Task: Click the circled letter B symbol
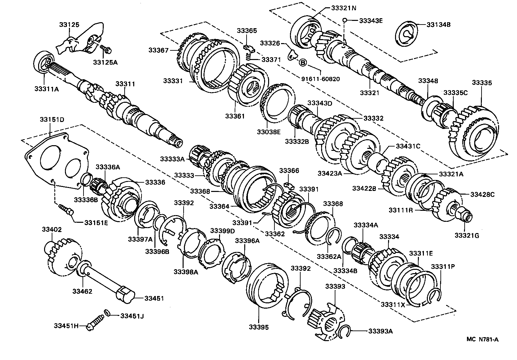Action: pyautogui.click(x=303, y=62)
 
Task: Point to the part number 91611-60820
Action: pyautogui.click(x=320, y=79)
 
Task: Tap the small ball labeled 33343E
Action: pyautogui.click(x=345, y=21)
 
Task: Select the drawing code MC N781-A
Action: pyautogui.click(x=482, y=339)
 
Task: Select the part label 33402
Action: pyautogui.click(x=52, y=229)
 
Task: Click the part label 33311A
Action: pyautogui.click(x=46, y=89)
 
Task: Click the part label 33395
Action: pyautogui.click(x=259, y=327)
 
